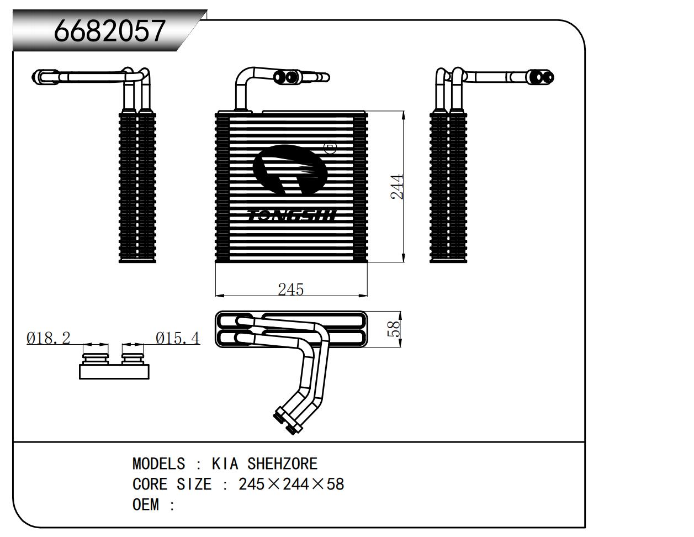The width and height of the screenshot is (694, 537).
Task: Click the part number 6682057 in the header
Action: (x=109, y=31)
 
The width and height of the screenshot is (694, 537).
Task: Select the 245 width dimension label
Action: (x=291, y=289)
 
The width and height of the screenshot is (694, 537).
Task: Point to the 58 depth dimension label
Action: (x=394, y=329)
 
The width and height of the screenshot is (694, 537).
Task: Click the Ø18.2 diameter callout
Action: (x=49, y=338)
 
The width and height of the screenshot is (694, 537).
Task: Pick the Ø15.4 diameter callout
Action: (x=177, y=338)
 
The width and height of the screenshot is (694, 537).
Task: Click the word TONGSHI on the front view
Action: (x=292, y=215)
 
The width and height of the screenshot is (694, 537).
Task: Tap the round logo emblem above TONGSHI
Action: (x=290, y=169)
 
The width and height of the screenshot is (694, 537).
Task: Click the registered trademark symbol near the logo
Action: (x=330, y=148)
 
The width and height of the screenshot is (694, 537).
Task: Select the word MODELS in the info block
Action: (x=159, y=464)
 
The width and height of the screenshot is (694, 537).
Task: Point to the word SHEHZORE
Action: (x=282, y=464)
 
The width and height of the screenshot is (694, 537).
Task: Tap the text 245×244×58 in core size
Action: (x=291, y=485)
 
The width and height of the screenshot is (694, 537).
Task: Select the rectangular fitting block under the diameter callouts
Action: (x=114, y=371)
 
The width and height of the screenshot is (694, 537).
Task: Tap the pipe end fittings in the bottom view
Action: (x=288, y=421)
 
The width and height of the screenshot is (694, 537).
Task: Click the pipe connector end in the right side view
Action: (x=541, y=77)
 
